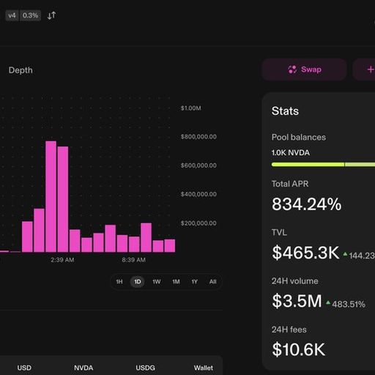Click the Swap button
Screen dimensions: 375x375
(305, 70)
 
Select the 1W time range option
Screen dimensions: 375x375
(157, 282)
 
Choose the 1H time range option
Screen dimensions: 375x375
(119, 282)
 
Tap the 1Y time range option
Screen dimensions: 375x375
(194, 282)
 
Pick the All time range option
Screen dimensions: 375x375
(212, 282)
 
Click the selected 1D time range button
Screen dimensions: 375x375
(138, 282)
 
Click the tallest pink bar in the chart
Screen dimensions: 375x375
(51, 196)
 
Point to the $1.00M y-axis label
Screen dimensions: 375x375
(191, 108)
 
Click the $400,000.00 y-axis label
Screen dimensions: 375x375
(198, 194)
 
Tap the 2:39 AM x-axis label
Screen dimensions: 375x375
(62, 260)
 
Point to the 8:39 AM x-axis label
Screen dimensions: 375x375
(134, 260)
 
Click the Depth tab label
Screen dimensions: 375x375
(21, 70)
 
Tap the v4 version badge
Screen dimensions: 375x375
(12, 15)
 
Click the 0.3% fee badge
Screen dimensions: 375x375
(30, 15)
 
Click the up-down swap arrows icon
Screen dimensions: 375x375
(51, 15)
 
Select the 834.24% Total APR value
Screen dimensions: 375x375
(307, 204)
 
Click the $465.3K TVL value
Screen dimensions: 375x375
(305, 253)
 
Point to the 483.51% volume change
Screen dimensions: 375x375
(349, 304)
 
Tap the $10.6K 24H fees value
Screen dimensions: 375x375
(299, 349)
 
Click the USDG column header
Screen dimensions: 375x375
(145, 368)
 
